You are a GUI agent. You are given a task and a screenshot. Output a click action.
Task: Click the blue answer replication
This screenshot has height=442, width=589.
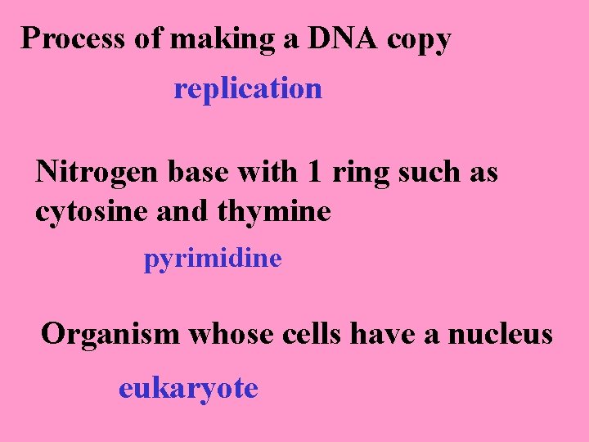248,88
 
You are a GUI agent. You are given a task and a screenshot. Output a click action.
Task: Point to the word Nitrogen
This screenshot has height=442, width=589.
97,173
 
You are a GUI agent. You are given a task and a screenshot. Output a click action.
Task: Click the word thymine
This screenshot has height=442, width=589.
275,212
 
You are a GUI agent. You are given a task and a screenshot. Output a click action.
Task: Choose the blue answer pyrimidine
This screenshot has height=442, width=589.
213,259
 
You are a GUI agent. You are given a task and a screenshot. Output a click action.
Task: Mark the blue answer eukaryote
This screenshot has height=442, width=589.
188,387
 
